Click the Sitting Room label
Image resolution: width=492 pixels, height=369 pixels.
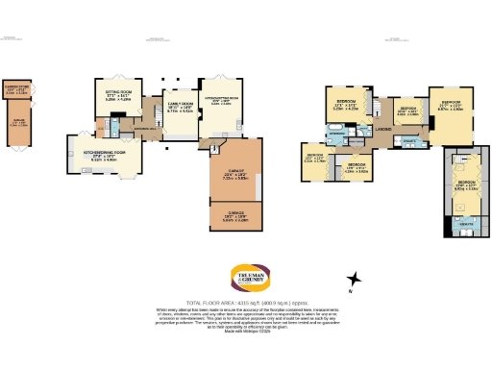click(119, 94)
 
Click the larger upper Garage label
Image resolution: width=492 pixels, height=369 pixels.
click(235, 174)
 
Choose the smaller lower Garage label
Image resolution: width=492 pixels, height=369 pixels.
click(234, 215)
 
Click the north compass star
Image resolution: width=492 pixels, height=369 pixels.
click(356, 280)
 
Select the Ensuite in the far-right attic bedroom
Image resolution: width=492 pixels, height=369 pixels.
click(466, 222)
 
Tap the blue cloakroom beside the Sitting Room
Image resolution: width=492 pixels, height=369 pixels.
click(116, 124)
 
